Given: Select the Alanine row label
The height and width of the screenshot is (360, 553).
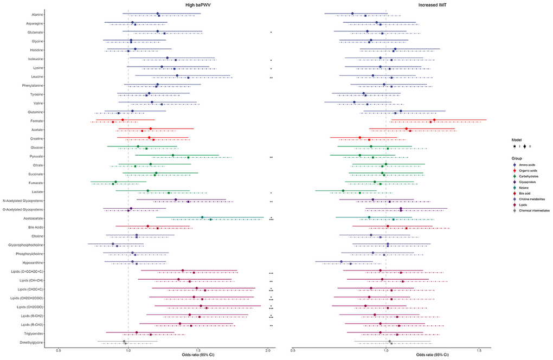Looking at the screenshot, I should click(x=37, y=15).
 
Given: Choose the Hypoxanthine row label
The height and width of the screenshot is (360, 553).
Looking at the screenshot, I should click(x=33, y=262).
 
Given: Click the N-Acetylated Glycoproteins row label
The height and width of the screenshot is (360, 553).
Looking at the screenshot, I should click(x=24, y=201).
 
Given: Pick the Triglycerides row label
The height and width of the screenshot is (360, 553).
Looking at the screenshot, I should click(x=33, y=333).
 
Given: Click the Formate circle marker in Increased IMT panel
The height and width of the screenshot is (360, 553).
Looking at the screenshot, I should click(x=434, y=120).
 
